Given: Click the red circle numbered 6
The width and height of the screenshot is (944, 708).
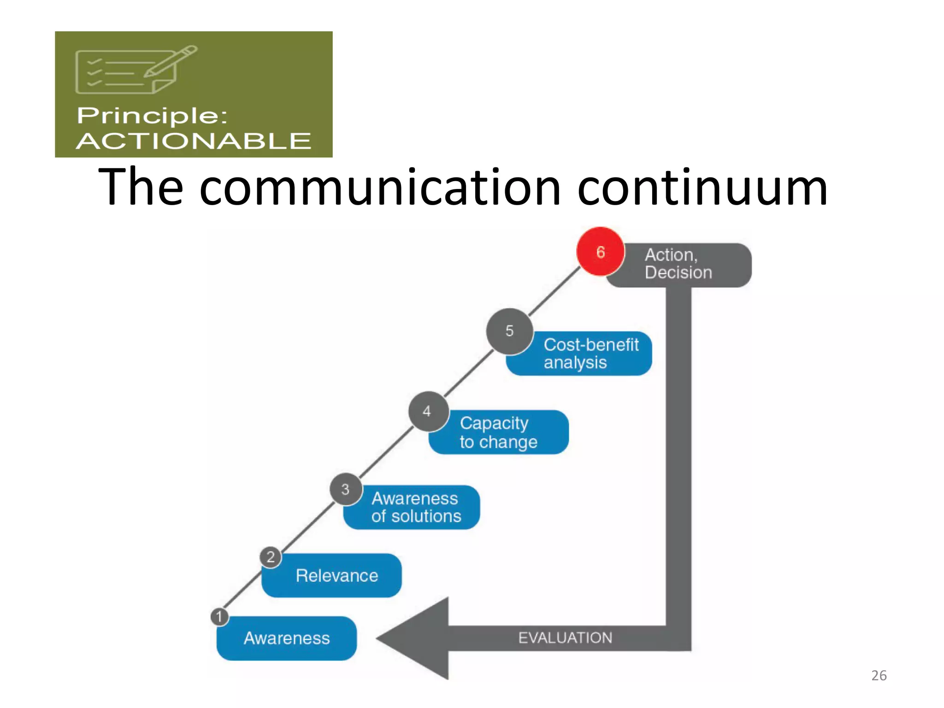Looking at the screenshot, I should tap(600, 252).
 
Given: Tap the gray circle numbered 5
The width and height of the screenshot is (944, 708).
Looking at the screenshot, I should tap(509, 331).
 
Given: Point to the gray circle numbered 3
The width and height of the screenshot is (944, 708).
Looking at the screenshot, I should tap(346, 489).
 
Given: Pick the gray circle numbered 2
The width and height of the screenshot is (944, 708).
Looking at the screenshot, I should tap(271, 557).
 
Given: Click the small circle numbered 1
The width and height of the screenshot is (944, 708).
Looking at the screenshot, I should tap(219, 617).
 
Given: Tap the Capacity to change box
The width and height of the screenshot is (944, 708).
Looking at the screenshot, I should tap(502, 432).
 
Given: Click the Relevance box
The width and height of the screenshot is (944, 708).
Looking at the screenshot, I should tap(336, 576).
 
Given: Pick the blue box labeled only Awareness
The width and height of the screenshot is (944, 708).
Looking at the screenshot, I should tap(287, 638).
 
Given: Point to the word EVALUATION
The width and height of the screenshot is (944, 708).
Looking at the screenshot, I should tap(565, 638).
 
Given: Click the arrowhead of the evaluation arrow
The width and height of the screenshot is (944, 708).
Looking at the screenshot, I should tap(415, 638).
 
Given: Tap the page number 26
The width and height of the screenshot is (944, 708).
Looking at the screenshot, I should tap(879, 675).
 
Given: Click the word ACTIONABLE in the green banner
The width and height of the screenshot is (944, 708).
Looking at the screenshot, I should tap(194, 141).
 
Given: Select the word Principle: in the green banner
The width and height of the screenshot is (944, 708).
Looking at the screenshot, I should tap(152, 115).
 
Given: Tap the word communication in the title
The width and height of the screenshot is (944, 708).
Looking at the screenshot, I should tap(380, 188).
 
